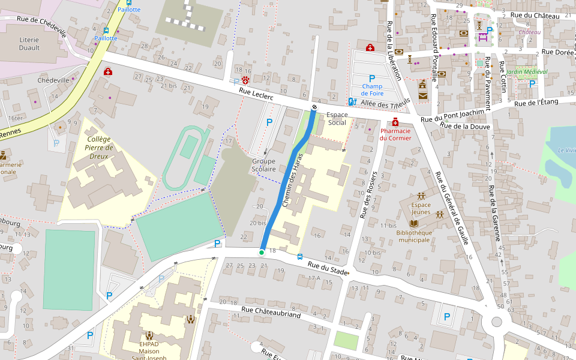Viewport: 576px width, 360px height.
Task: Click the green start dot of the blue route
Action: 262,253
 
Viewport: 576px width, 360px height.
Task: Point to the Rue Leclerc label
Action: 256,94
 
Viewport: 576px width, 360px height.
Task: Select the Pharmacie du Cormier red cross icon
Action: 395,122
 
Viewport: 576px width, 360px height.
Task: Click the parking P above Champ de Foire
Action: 371,79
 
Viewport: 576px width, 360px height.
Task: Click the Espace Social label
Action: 337,118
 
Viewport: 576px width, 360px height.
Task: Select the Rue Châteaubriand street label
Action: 271,311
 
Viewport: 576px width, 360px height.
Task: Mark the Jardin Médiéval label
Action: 526,71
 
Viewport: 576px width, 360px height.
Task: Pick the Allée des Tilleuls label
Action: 385,104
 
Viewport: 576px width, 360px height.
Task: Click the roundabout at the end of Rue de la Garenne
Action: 496,322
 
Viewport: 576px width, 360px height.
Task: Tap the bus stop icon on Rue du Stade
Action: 300,257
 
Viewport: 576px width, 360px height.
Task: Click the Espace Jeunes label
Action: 421,208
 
